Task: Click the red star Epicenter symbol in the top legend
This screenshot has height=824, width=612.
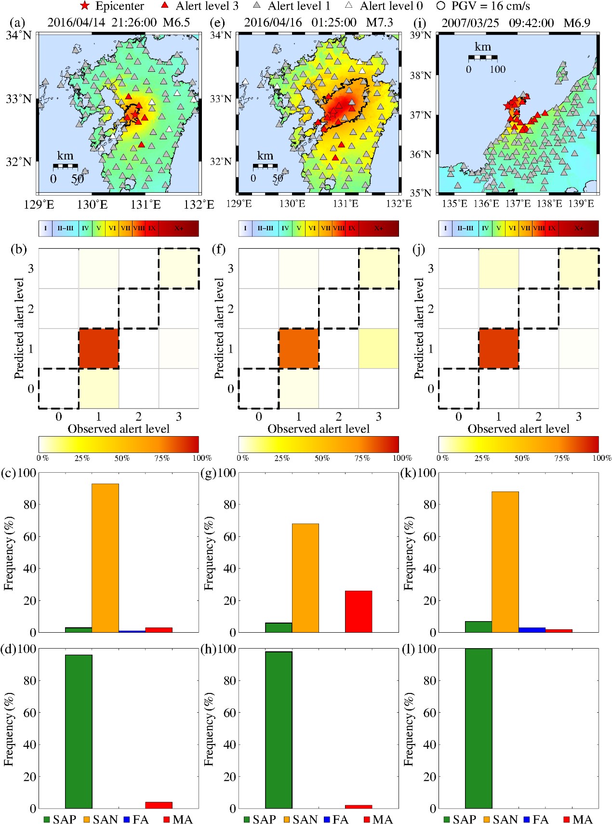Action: pos(85,6)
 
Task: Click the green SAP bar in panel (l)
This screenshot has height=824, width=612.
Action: pos(479,728)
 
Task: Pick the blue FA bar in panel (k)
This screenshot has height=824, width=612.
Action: pos(532,630)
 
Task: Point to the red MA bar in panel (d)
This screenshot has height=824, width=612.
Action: pos(159,805)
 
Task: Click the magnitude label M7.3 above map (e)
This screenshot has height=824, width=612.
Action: pos(379,23)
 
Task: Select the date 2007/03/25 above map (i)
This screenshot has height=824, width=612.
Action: pos(470,23)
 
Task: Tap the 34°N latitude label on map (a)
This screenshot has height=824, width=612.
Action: pos(19,36)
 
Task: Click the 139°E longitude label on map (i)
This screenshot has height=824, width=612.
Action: pos(581,203)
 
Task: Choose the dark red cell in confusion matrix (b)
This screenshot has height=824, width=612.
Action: pos(99,348)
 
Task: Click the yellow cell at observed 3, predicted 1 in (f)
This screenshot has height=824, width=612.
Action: pos(379,348)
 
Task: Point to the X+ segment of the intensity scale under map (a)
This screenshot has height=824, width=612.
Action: pos(179,228)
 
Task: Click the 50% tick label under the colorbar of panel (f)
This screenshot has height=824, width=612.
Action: pos(322,458)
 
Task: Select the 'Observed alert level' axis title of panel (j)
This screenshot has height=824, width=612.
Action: pos(519,429)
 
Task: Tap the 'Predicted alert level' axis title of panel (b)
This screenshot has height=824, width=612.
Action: pos(19,328)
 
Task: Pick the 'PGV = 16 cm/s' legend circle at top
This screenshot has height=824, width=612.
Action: pos(440,6)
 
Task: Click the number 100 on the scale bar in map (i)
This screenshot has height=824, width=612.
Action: pos(497,69)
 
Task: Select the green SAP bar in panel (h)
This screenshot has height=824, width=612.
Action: pos(279,730)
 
